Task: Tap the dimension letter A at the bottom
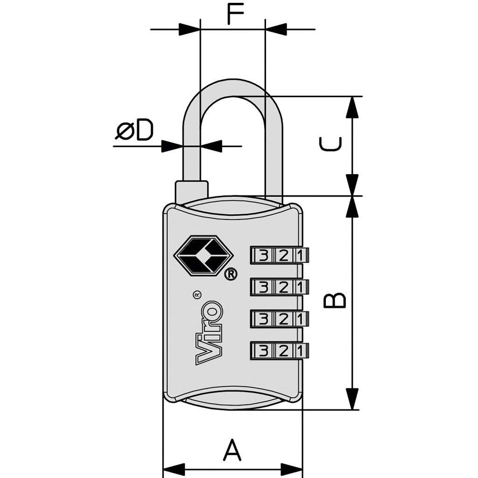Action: (232, 450)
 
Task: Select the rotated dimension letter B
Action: (335, 300)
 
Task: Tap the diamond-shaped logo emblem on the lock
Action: (203, 254)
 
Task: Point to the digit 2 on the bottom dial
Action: (283, 351)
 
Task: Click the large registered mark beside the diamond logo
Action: (231, 274)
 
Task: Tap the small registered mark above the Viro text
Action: (197, 295)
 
